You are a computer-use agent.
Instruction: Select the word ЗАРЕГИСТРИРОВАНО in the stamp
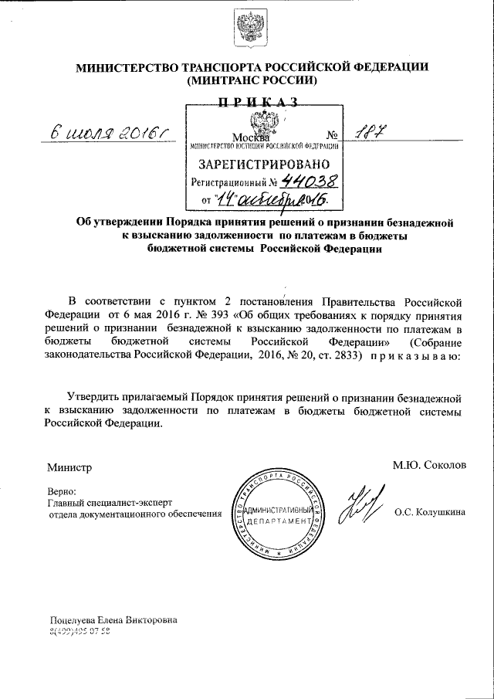point(265,164)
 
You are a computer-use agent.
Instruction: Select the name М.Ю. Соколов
point(429,466)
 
